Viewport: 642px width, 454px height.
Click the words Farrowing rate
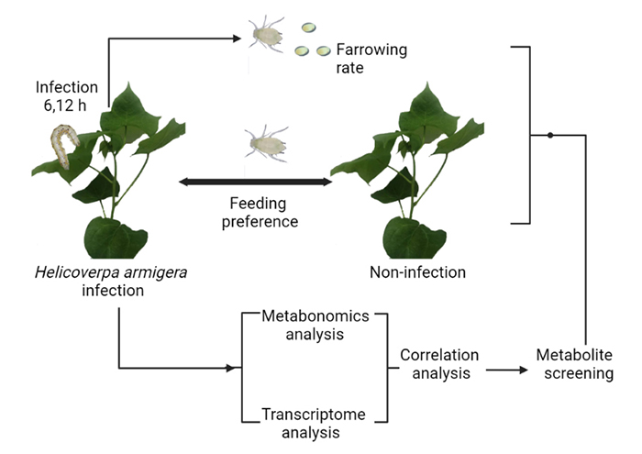(x=364, y=57)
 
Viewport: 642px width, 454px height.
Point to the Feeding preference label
(x=256, y=211)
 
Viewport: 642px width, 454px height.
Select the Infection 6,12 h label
(x=67, y=96)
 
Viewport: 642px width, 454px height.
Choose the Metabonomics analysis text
(x=315, y=325)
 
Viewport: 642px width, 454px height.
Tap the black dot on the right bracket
(x=549, y=135)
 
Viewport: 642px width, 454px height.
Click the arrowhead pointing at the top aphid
(x=238, y=39)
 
